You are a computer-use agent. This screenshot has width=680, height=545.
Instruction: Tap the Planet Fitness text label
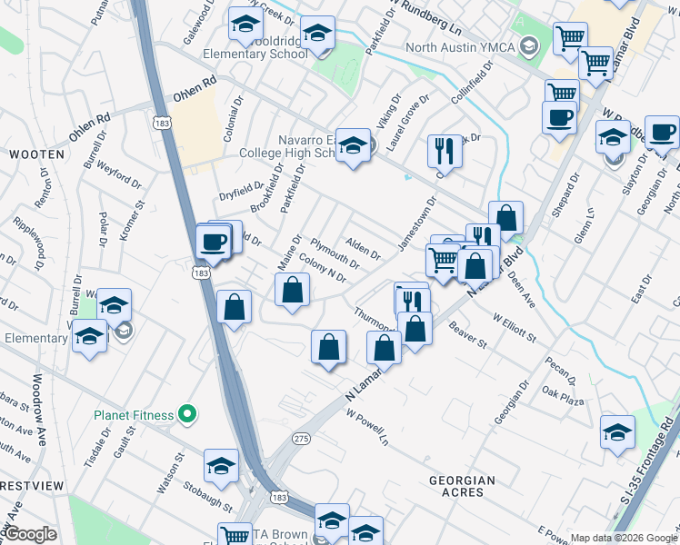tap(134, 415)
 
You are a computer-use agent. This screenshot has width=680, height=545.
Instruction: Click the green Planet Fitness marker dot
tap(187, 415)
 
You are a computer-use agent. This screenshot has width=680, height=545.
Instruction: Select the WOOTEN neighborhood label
tap(36, 154)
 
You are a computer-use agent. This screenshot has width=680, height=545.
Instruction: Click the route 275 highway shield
tap(302, 439)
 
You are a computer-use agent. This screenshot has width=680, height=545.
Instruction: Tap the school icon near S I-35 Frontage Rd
tap(617, 431)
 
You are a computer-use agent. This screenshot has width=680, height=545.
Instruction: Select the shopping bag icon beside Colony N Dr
tap(293, 291)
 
